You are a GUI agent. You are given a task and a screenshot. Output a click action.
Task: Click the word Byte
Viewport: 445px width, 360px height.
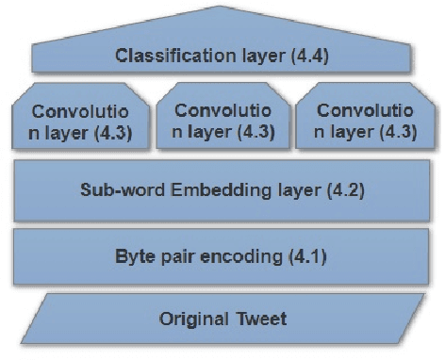point(133,256)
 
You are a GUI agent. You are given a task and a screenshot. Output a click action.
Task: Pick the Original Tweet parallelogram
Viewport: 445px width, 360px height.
point(222,318)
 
